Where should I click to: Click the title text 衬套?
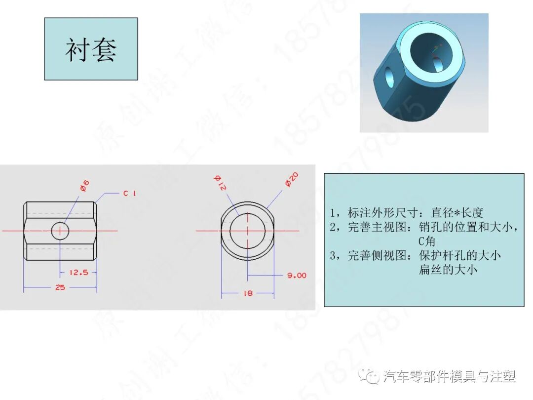click(x=91, y=49)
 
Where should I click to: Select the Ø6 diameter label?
click(x=84, y=186)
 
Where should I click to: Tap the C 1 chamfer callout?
click(x=129, y=193)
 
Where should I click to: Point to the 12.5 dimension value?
click(x=78, y=272)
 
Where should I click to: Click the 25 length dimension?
click(x=60, y=287)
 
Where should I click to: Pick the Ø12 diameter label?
click(x=220, y=183)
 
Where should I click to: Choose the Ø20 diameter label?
click(x=291, y=179)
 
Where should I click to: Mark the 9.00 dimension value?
click(x=297, y=275)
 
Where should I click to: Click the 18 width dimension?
click(x=248, y=293)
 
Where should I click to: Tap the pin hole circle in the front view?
click(x=60, y=230)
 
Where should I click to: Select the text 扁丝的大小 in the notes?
click(x=448, y=270)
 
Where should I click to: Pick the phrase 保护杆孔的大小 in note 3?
click(x=459, y=255)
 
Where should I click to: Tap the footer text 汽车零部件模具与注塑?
click(x=449, y=377)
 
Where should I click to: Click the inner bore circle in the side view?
click(x=247, y=230)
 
